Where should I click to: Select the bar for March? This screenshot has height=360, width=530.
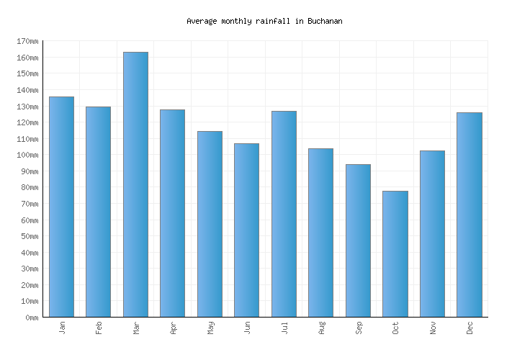(x=135, y=184)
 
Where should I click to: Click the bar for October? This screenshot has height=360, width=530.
(x=395, y=253)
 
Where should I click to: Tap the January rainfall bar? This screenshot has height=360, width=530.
(x=61, y=207)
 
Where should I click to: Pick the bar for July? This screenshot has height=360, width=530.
(x=284, y=214)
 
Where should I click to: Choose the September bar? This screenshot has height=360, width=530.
(x=358, y=240)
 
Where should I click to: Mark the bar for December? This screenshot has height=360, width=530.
(x=469, y=215)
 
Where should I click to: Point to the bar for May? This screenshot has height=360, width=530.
(x=210, y=224)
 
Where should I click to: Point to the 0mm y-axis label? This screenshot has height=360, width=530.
(x=30, y=318)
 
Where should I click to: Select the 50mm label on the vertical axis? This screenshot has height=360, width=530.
(x=28, y=236)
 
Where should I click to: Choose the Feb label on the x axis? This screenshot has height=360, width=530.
(x=99, y=327)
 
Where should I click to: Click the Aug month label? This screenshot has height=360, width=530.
(x=321, y=327)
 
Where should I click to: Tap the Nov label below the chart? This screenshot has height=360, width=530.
(x=432, y=327)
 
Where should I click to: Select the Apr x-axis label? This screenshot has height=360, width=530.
(x=173, y=327)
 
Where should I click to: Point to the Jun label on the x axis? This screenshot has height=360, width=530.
(x=247, y=327)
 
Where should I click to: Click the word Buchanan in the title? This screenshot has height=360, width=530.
(x=325, y=21)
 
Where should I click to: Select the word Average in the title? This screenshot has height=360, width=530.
(x=202, y=21)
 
